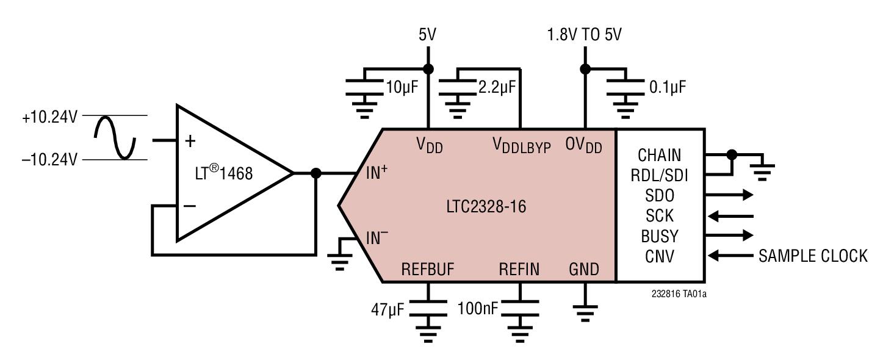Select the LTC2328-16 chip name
click(486, 206)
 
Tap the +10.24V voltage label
click(49, 117)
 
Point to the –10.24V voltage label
click(49, 160)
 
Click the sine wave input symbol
click(115, 137)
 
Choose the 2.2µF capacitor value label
click(497, 87)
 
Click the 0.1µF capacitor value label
click(668, 87)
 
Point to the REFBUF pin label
click(428, 269)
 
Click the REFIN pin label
click(519, 269)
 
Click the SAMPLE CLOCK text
click(812, 256)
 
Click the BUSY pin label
click(660, 236)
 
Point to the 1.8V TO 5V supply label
click(585, 35)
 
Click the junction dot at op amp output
click(315, 173)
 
